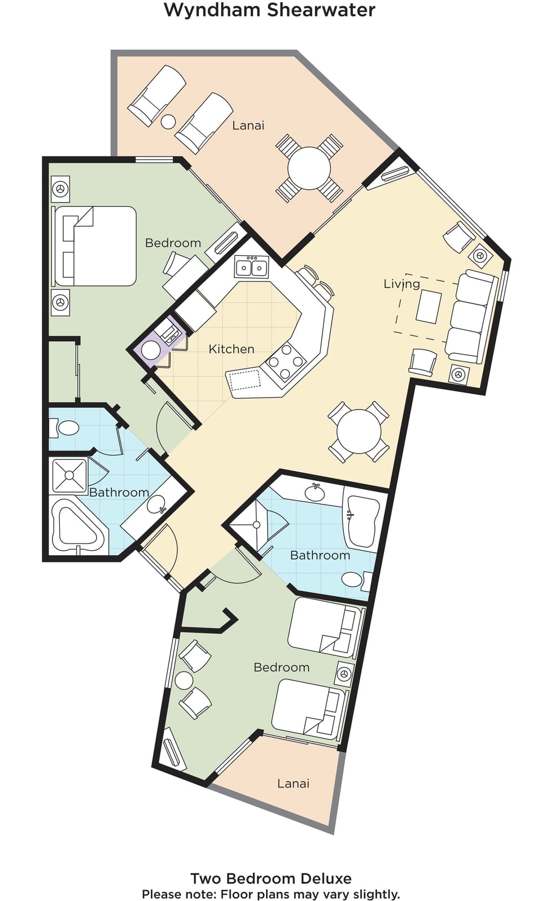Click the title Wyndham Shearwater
tap(269, 10)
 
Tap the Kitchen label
tap(231, 349)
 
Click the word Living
tap(401, 284)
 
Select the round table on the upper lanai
tap(309, 168)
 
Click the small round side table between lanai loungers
tap(168, 121)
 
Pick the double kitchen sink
tap(252, 268)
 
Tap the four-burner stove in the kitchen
tap(286, 362)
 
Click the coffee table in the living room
tap(429, 307)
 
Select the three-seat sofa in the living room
tap(470, 316)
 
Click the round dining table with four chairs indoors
tap(359, 432)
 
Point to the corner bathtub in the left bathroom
tap(77, 527)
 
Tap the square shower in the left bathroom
tap(69, 476)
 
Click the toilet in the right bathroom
tap(356, 580)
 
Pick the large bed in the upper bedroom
tap(95, 246)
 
